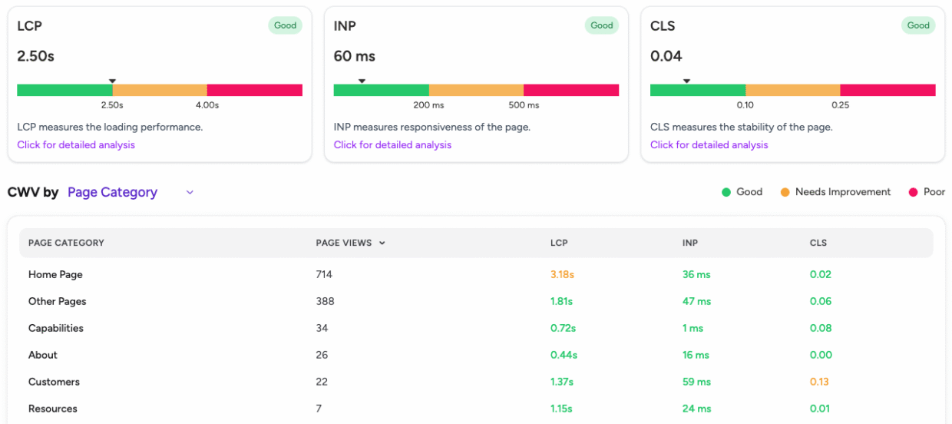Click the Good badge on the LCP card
[x=285, y=25]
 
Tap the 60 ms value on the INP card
[x=354, y=56]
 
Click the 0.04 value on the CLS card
[x=666, y=56]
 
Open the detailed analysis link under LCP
[x=76, y=145]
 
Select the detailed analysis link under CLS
[x=709, y=145]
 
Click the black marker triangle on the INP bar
[x=362, y=81]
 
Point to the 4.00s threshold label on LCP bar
[x=207, y=105]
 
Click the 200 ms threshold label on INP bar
[x=428, y=105]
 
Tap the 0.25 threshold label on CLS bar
[x=840, y=105]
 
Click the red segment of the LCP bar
[x=254, y=91]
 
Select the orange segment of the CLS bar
[x=792, y=91]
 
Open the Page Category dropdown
[x=131, y=193]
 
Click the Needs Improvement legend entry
[x=835, y=192]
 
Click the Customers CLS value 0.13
[x=819, y=382]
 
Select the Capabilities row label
[x=55, y=328]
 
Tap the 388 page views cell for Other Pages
[x=324, y=301]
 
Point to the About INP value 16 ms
[x=696, y=355]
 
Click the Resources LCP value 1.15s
[x=561, y=409]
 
